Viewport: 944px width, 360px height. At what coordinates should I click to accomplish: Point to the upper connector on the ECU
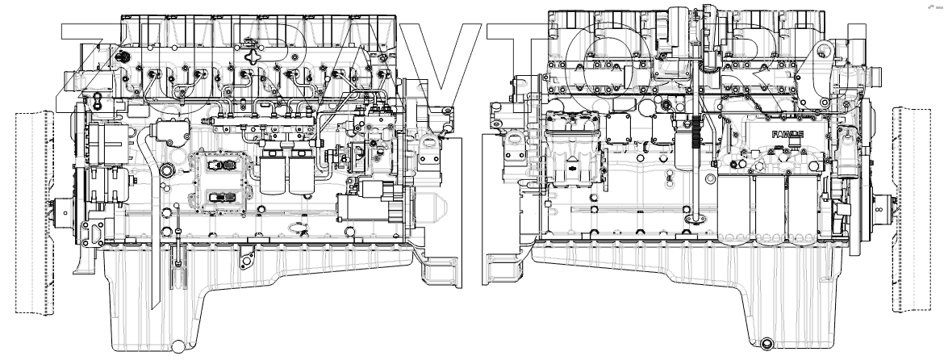(x=218, y=165)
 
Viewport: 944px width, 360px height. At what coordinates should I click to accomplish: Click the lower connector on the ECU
(x=218, y=196)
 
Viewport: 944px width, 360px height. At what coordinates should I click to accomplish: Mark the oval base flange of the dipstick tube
(x=692, y=217)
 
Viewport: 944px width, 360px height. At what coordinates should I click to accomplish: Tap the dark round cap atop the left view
(x=123, y=58)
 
